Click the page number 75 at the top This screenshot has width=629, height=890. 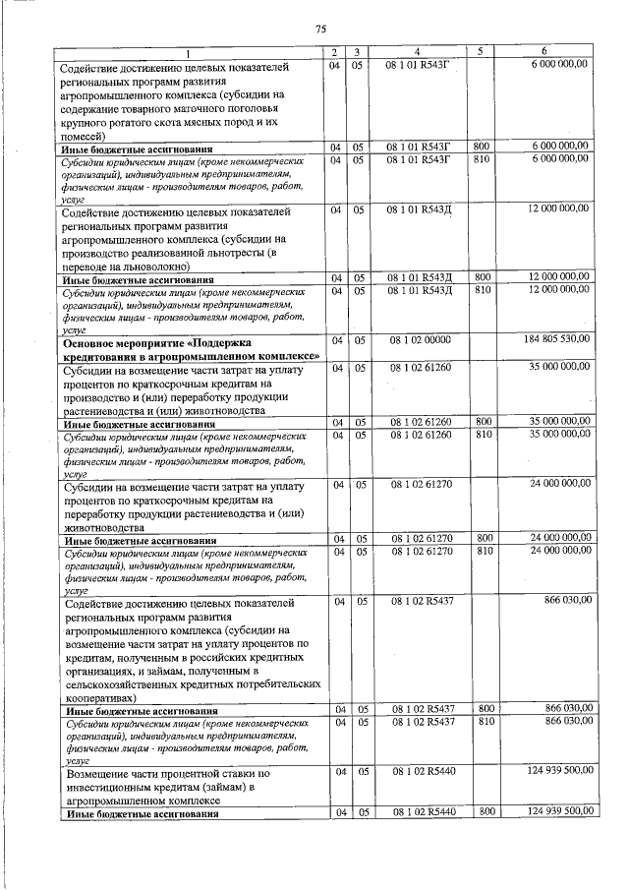point(320,29)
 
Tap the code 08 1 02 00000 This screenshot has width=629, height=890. point(419,339)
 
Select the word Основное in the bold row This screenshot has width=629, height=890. point(90,343)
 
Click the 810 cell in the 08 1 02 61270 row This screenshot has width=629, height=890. point(484,552)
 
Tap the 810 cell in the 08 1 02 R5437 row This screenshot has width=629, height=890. point(484,721)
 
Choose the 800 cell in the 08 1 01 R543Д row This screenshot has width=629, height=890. point(484,278)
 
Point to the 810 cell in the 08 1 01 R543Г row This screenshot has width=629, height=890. point(484,158)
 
